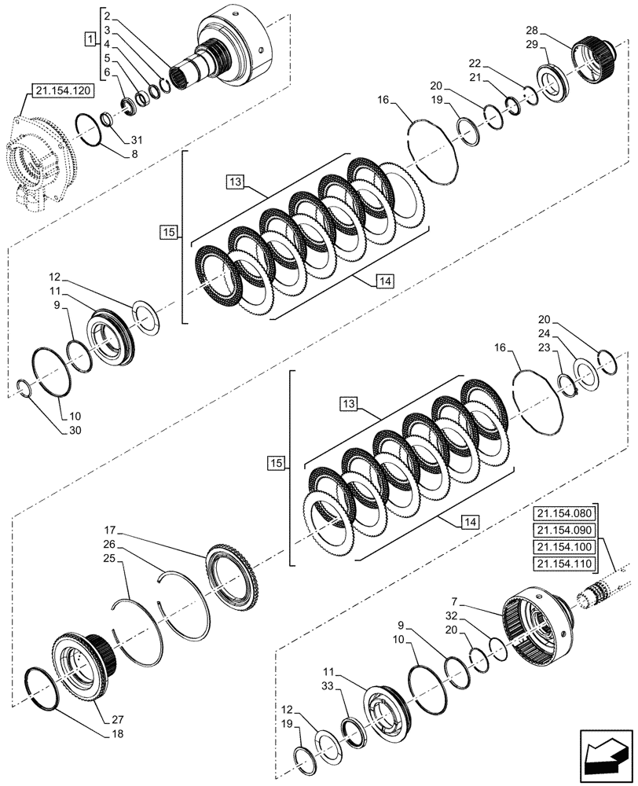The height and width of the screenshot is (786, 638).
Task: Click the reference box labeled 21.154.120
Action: point(62,92)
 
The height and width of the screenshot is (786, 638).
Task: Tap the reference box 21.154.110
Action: point(565,564)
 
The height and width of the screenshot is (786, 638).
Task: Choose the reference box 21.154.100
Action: point(565,547)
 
